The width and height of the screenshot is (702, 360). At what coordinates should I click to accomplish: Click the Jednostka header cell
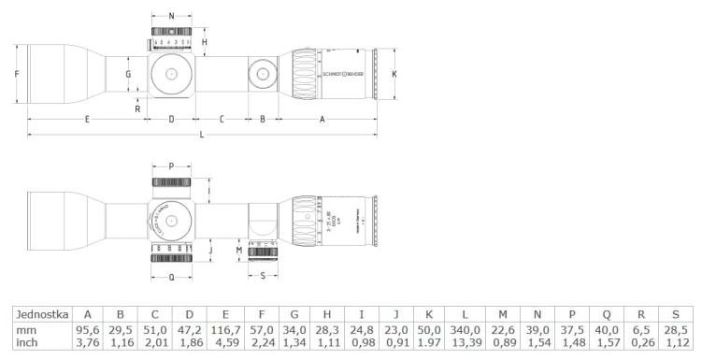pos(34,315)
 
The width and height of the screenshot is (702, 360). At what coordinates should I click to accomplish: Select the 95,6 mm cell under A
pos(87,330)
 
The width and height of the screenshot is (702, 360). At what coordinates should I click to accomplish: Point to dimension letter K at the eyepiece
pos(394,73)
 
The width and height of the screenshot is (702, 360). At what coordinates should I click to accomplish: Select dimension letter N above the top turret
pos(171,17)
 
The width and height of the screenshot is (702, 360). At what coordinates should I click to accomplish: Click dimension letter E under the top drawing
pos(87,119)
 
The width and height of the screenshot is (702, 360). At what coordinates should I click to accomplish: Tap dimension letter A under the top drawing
pos(322,119)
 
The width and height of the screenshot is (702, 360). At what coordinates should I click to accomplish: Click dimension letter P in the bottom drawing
pos(171,166)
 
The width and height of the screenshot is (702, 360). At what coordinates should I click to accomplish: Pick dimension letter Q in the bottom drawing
pos(171,277)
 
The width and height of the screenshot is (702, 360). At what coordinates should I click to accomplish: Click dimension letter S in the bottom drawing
pos(262,276)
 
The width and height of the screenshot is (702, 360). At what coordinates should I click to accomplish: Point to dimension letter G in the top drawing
pos(129,73)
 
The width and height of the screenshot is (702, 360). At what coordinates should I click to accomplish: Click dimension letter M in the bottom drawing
pos(239,250)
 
